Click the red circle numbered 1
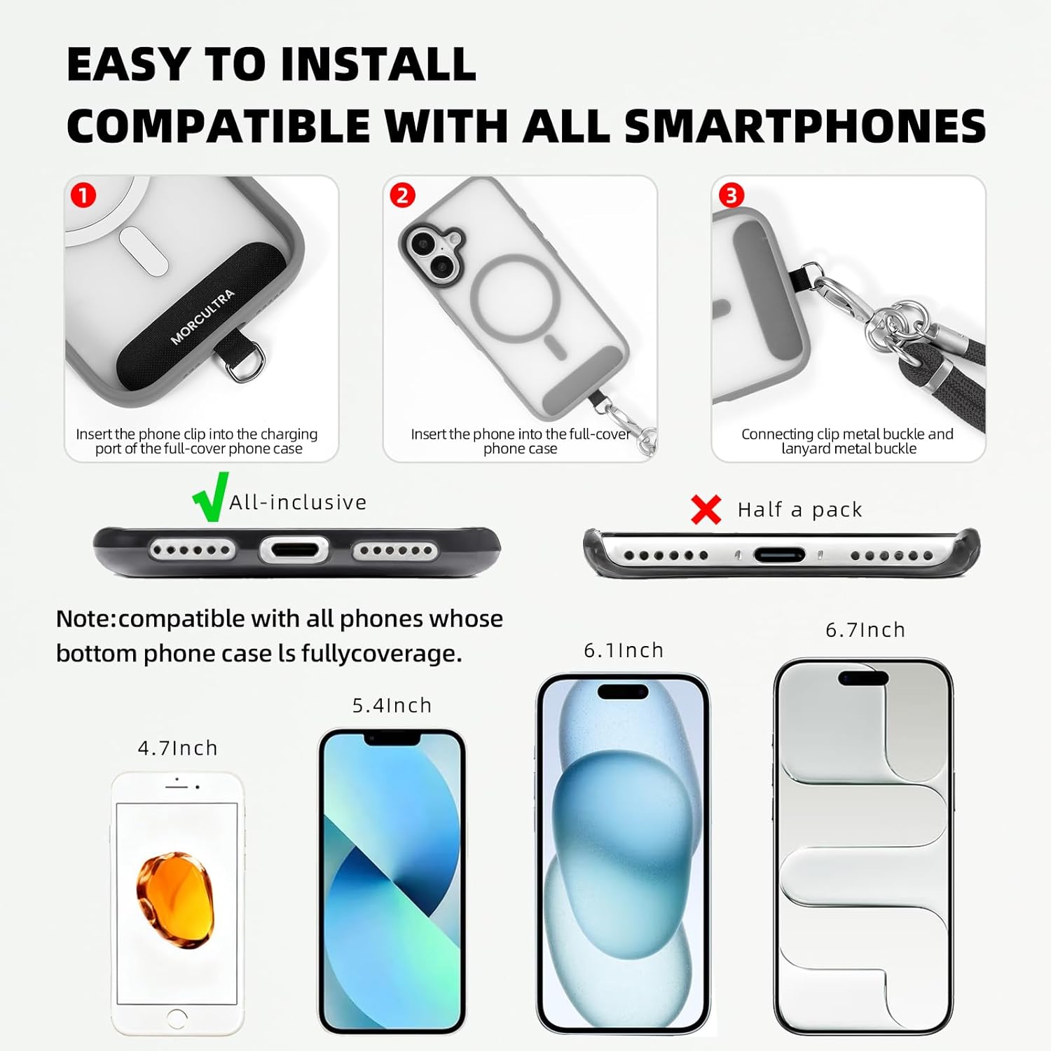point(83,195)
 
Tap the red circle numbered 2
point(402,195)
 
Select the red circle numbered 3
point(731,195)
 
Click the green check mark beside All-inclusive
point(210,497)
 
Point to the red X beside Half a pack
point(706,509)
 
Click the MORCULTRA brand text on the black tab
point(202,317)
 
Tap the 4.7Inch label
point(178,748)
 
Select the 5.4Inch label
point(392,706)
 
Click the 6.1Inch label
point(624,650)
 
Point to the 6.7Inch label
point(865,630)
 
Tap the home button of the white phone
point(177,1018)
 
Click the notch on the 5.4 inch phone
point(392,739)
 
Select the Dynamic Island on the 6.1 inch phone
point(622,692)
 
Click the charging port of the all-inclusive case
point(294,550)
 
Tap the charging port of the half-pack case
point(779,556)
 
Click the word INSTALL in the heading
point(378,64)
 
